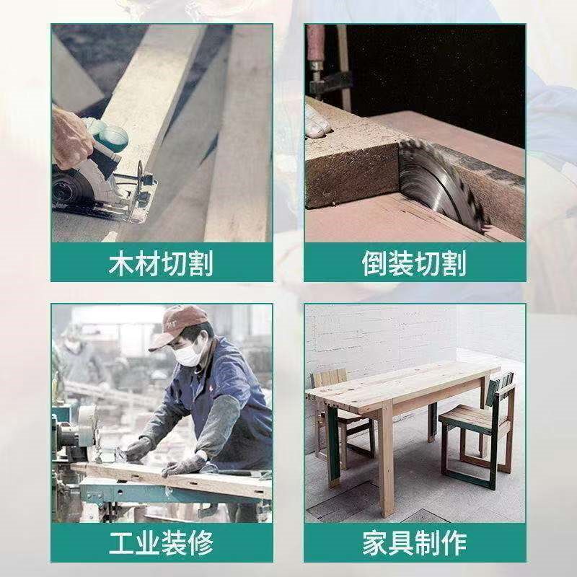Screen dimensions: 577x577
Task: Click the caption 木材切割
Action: tap(161, 263)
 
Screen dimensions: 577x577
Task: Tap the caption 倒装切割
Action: tap(414, 263)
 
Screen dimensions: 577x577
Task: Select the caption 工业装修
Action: tap(161, 543)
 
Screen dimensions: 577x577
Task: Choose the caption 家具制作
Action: tap(414, 543)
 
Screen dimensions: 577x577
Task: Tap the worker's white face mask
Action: tap(188, 356)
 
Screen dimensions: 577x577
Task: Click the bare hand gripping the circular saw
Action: tap(71, 140)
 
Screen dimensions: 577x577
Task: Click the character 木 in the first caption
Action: tap(120, 263)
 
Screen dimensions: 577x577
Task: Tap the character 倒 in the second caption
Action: tap(374, 263)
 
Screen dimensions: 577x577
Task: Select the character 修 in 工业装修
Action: tap(201, 543)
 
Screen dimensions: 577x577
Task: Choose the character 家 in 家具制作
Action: tap(374, 543)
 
